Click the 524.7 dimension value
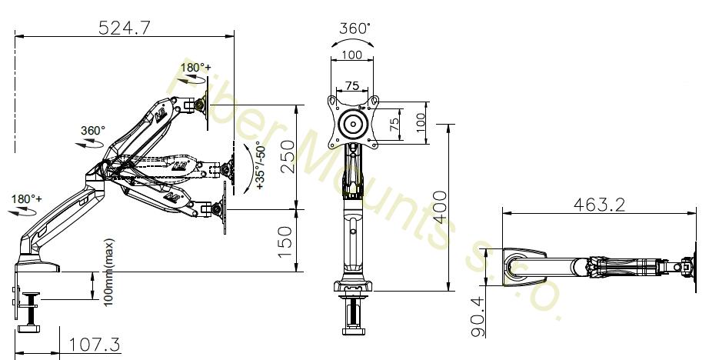tap(124, 28)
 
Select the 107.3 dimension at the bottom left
tap(95, 345)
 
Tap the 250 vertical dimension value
tap(287, 157)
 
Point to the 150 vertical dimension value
tap(285, 242)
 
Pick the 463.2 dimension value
tap(599, 205)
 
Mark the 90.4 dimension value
tap(478, 317)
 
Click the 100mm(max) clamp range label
tap(109, 273)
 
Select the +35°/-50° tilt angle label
tap(261, 165)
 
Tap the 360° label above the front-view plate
tap(354, 28)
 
